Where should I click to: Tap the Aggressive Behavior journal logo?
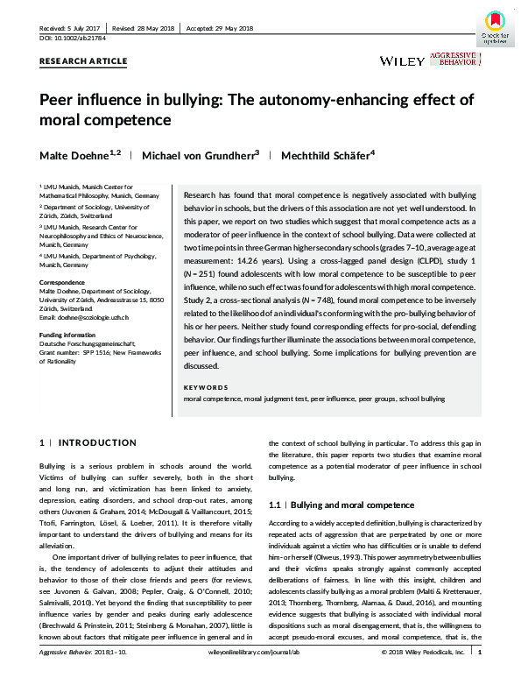(454, 60)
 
